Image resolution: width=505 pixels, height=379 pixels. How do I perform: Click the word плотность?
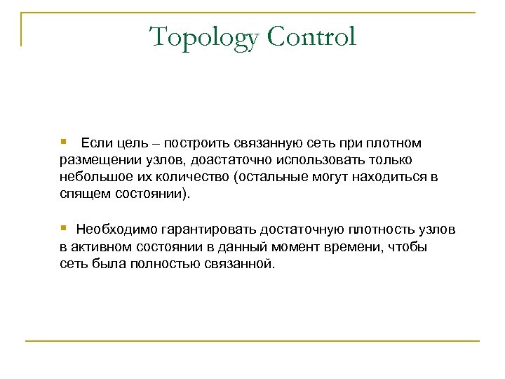[x=379, y=230]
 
